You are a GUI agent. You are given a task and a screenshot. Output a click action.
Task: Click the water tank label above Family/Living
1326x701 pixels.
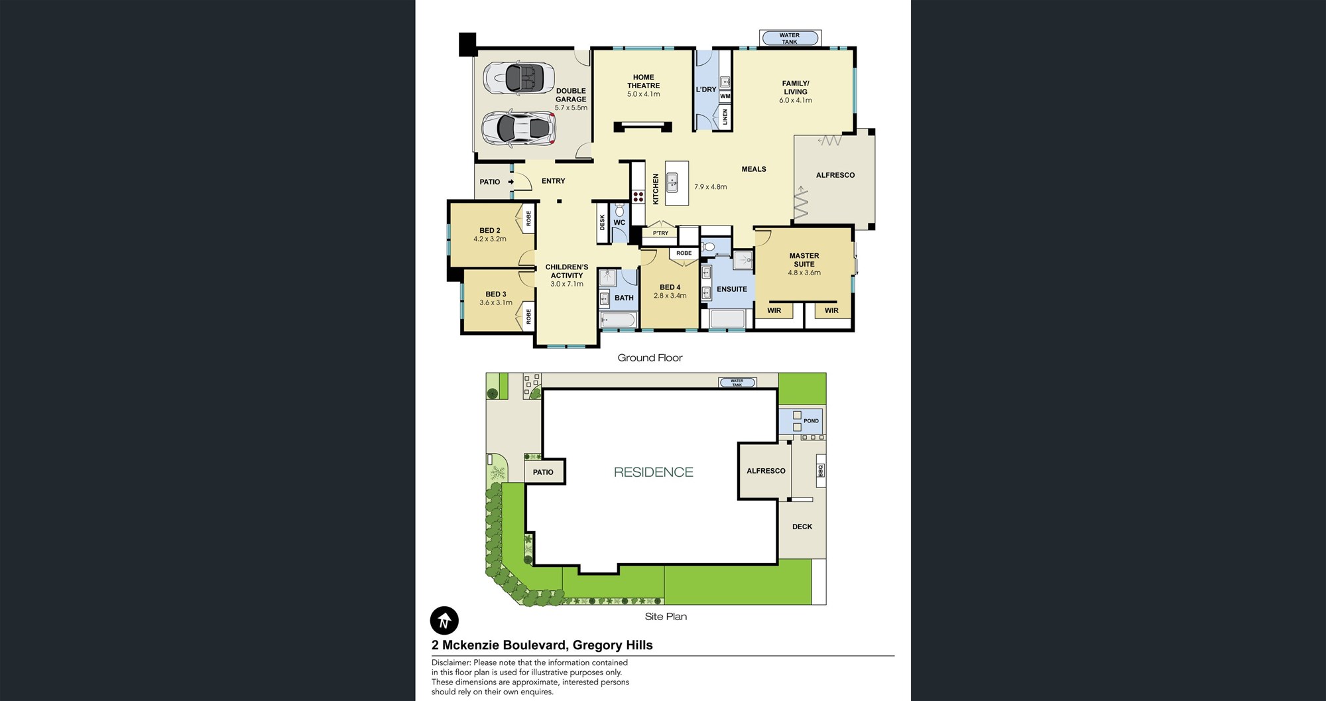click(789, 38)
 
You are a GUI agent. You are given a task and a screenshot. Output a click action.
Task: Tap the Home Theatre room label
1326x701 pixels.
click(643, 82)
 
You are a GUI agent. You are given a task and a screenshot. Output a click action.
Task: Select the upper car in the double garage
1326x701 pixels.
click(518, 78)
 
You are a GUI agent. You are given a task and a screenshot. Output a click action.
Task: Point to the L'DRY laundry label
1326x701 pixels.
click(706, 90)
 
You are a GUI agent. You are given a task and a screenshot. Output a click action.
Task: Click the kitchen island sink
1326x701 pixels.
click(672, 182)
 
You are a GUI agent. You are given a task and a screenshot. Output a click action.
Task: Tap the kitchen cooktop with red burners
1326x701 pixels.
click(638, 196)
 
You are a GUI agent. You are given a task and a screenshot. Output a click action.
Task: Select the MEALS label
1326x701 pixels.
click(754, 169)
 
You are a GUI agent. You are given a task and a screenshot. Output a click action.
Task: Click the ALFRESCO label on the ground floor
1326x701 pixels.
click(835, 175)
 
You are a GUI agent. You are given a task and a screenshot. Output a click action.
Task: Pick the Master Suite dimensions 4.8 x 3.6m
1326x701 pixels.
click(804, 273)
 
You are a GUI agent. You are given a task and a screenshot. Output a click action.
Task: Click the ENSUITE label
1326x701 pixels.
click(732, 289)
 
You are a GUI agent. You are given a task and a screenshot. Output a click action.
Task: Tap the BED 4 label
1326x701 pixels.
click(670, 287)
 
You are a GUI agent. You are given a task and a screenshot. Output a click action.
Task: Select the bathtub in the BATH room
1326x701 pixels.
click(618, 320)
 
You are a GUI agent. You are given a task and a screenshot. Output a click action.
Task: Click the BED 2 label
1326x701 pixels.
click(490, 231)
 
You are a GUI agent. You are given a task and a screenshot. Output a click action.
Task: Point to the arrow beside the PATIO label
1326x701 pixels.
click(511, 182)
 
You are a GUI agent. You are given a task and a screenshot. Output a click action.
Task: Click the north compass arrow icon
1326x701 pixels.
click(444, 621)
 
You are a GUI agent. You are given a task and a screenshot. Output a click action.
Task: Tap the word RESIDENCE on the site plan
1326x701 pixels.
click(654, 472)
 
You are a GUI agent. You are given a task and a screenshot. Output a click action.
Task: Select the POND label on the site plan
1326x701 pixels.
click(811, 421)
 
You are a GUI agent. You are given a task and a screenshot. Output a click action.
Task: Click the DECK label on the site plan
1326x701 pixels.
click(802, 527)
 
